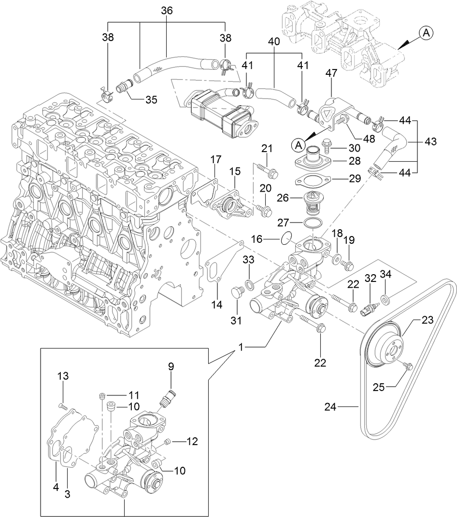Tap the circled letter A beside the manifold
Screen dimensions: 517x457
click(x=425, y=33)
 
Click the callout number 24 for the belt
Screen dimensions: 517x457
click(x=330, y=407)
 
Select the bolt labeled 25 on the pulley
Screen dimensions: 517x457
click(x=409, y=367)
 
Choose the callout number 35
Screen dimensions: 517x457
click(x=152, y=100)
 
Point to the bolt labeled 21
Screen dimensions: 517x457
click(x=266, y=169)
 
